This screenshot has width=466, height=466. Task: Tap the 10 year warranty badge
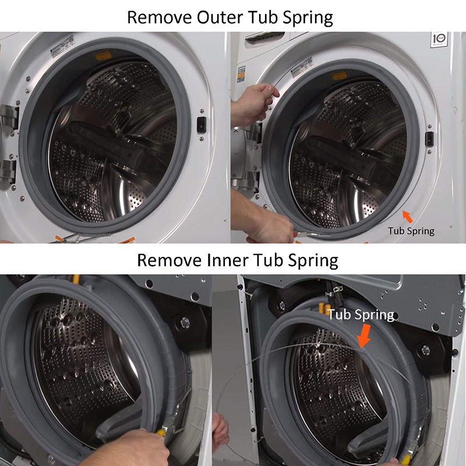click(439, 39)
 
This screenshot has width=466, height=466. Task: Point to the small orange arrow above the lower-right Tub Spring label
click(408, 216)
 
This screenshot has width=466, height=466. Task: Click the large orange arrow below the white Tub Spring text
click(365, 336)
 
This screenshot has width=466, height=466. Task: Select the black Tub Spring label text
click(411, 231)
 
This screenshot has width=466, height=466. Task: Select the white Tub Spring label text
click(361, 315)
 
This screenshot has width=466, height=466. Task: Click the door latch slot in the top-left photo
click(202, 125)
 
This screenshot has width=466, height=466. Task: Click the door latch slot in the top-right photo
click(429, 139)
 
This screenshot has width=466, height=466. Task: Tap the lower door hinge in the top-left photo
click(8, 171)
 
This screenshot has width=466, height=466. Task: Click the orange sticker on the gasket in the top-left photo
click(103, 55)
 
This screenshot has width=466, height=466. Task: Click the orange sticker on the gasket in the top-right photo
click(339, 76)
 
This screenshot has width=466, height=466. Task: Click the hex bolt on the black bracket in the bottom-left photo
click(185, 322)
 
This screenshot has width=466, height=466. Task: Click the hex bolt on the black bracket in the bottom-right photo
click(426, 350)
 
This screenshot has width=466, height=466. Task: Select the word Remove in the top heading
click(159, 17)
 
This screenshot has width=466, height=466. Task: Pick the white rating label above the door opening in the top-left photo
click(62, 47)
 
